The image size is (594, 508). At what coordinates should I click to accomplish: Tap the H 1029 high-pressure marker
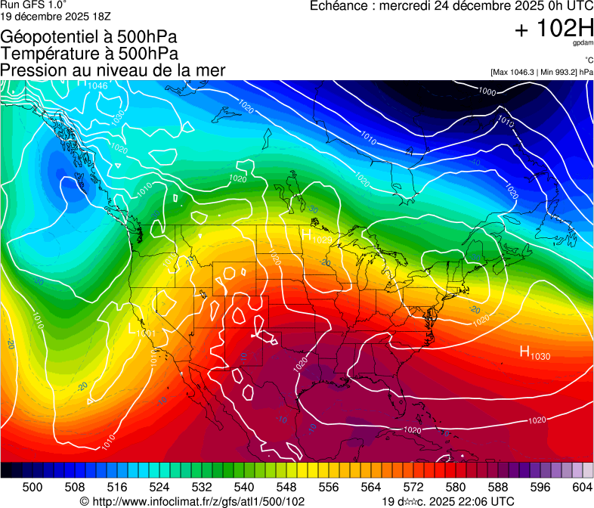coord(317,237)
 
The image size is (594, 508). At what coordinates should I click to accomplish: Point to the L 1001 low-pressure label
coord(141,330)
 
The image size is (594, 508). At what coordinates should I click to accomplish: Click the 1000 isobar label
coord(487,91)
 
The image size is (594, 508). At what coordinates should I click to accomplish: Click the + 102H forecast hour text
coord(553,29)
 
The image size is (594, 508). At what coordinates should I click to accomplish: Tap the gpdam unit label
coord(581,45)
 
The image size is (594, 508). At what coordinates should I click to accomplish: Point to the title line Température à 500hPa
coord(89,54)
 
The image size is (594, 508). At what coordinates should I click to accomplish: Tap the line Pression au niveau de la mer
coord(113,70)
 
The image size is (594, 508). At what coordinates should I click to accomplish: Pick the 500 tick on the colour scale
coord(32,487)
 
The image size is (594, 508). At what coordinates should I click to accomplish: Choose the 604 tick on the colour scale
coord(583,487)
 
